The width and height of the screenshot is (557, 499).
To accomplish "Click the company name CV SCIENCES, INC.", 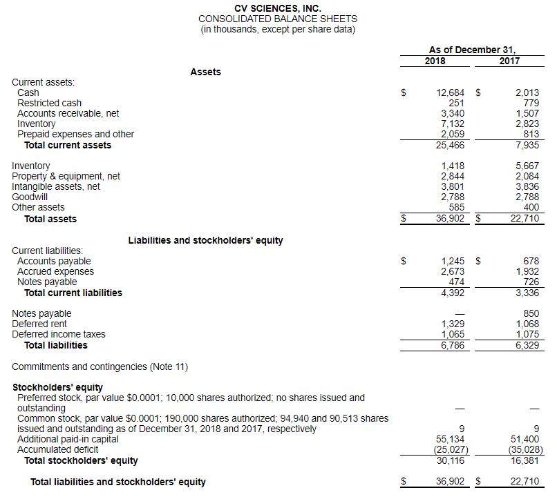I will [x=278, y=8].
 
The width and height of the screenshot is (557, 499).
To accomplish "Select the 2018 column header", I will [x=435, y=61].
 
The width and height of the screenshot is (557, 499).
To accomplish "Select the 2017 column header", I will [x=509, y=61].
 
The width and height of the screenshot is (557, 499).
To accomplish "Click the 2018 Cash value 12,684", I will [x=451, y=92].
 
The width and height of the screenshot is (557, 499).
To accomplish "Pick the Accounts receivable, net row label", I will [x=68, y=113].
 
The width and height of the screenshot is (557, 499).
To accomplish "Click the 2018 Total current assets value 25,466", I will [x=451, y=145].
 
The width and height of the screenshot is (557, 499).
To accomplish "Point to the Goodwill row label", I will [x=30, y=197].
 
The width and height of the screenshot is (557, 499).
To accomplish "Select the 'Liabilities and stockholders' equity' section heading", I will [x=205, y=240].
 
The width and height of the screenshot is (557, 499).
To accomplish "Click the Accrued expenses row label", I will [x=55, y=271].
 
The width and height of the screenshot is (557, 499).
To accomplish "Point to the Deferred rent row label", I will [x=39, y=324].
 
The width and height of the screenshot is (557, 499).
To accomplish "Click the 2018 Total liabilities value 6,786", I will [x=453, y=345].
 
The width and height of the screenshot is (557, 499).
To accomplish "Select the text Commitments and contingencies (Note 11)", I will [x=100, y=366].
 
